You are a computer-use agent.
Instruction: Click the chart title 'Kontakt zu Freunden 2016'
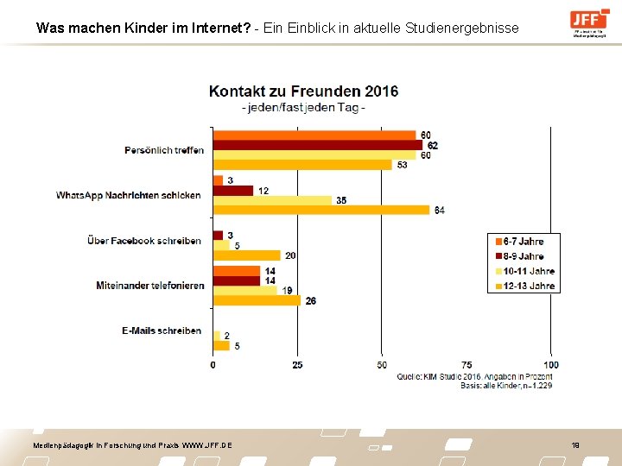pyautogui.click(x=303, y=91)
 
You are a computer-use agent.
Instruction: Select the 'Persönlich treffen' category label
pyautogui.click(x=164, y=150)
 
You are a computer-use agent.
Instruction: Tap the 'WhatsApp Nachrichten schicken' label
pyautogui.click(x=129, y=195)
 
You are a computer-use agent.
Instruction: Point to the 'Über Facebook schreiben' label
pyautogui.click(x=144, y=241)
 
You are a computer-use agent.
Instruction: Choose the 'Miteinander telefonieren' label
pyautogui.click(x=150, y=286)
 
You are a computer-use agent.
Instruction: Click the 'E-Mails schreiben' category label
pyautogui.click(x=161, y=331)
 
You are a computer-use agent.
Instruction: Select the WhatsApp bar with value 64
pyautogui.click(x=321, y=210)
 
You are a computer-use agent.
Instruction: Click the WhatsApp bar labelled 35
pyautogui.click(x=272, y=200)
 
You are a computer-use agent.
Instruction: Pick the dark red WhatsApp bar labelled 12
pyautogui.click(x=233, y=190)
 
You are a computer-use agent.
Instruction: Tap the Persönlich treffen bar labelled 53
pyautogui.click(x=302, y=165)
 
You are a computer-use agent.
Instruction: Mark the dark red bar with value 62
pyautogui.click(x=318, y=145)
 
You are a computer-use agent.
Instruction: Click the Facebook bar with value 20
pyautogui.click(x=247, y=255)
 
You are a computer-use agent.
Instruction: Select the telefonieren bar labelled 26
pyautogui.click(x=257, y=300)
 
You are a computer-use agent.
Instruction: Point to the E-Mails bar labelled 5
pyautogui.click(x=221, y=345)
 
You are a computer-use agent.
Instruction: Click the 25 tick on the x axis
pyautogui.click(x=298, y=364)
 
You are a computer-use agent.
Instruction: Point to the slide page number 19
pyautogui.click(x=574, y=444)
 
